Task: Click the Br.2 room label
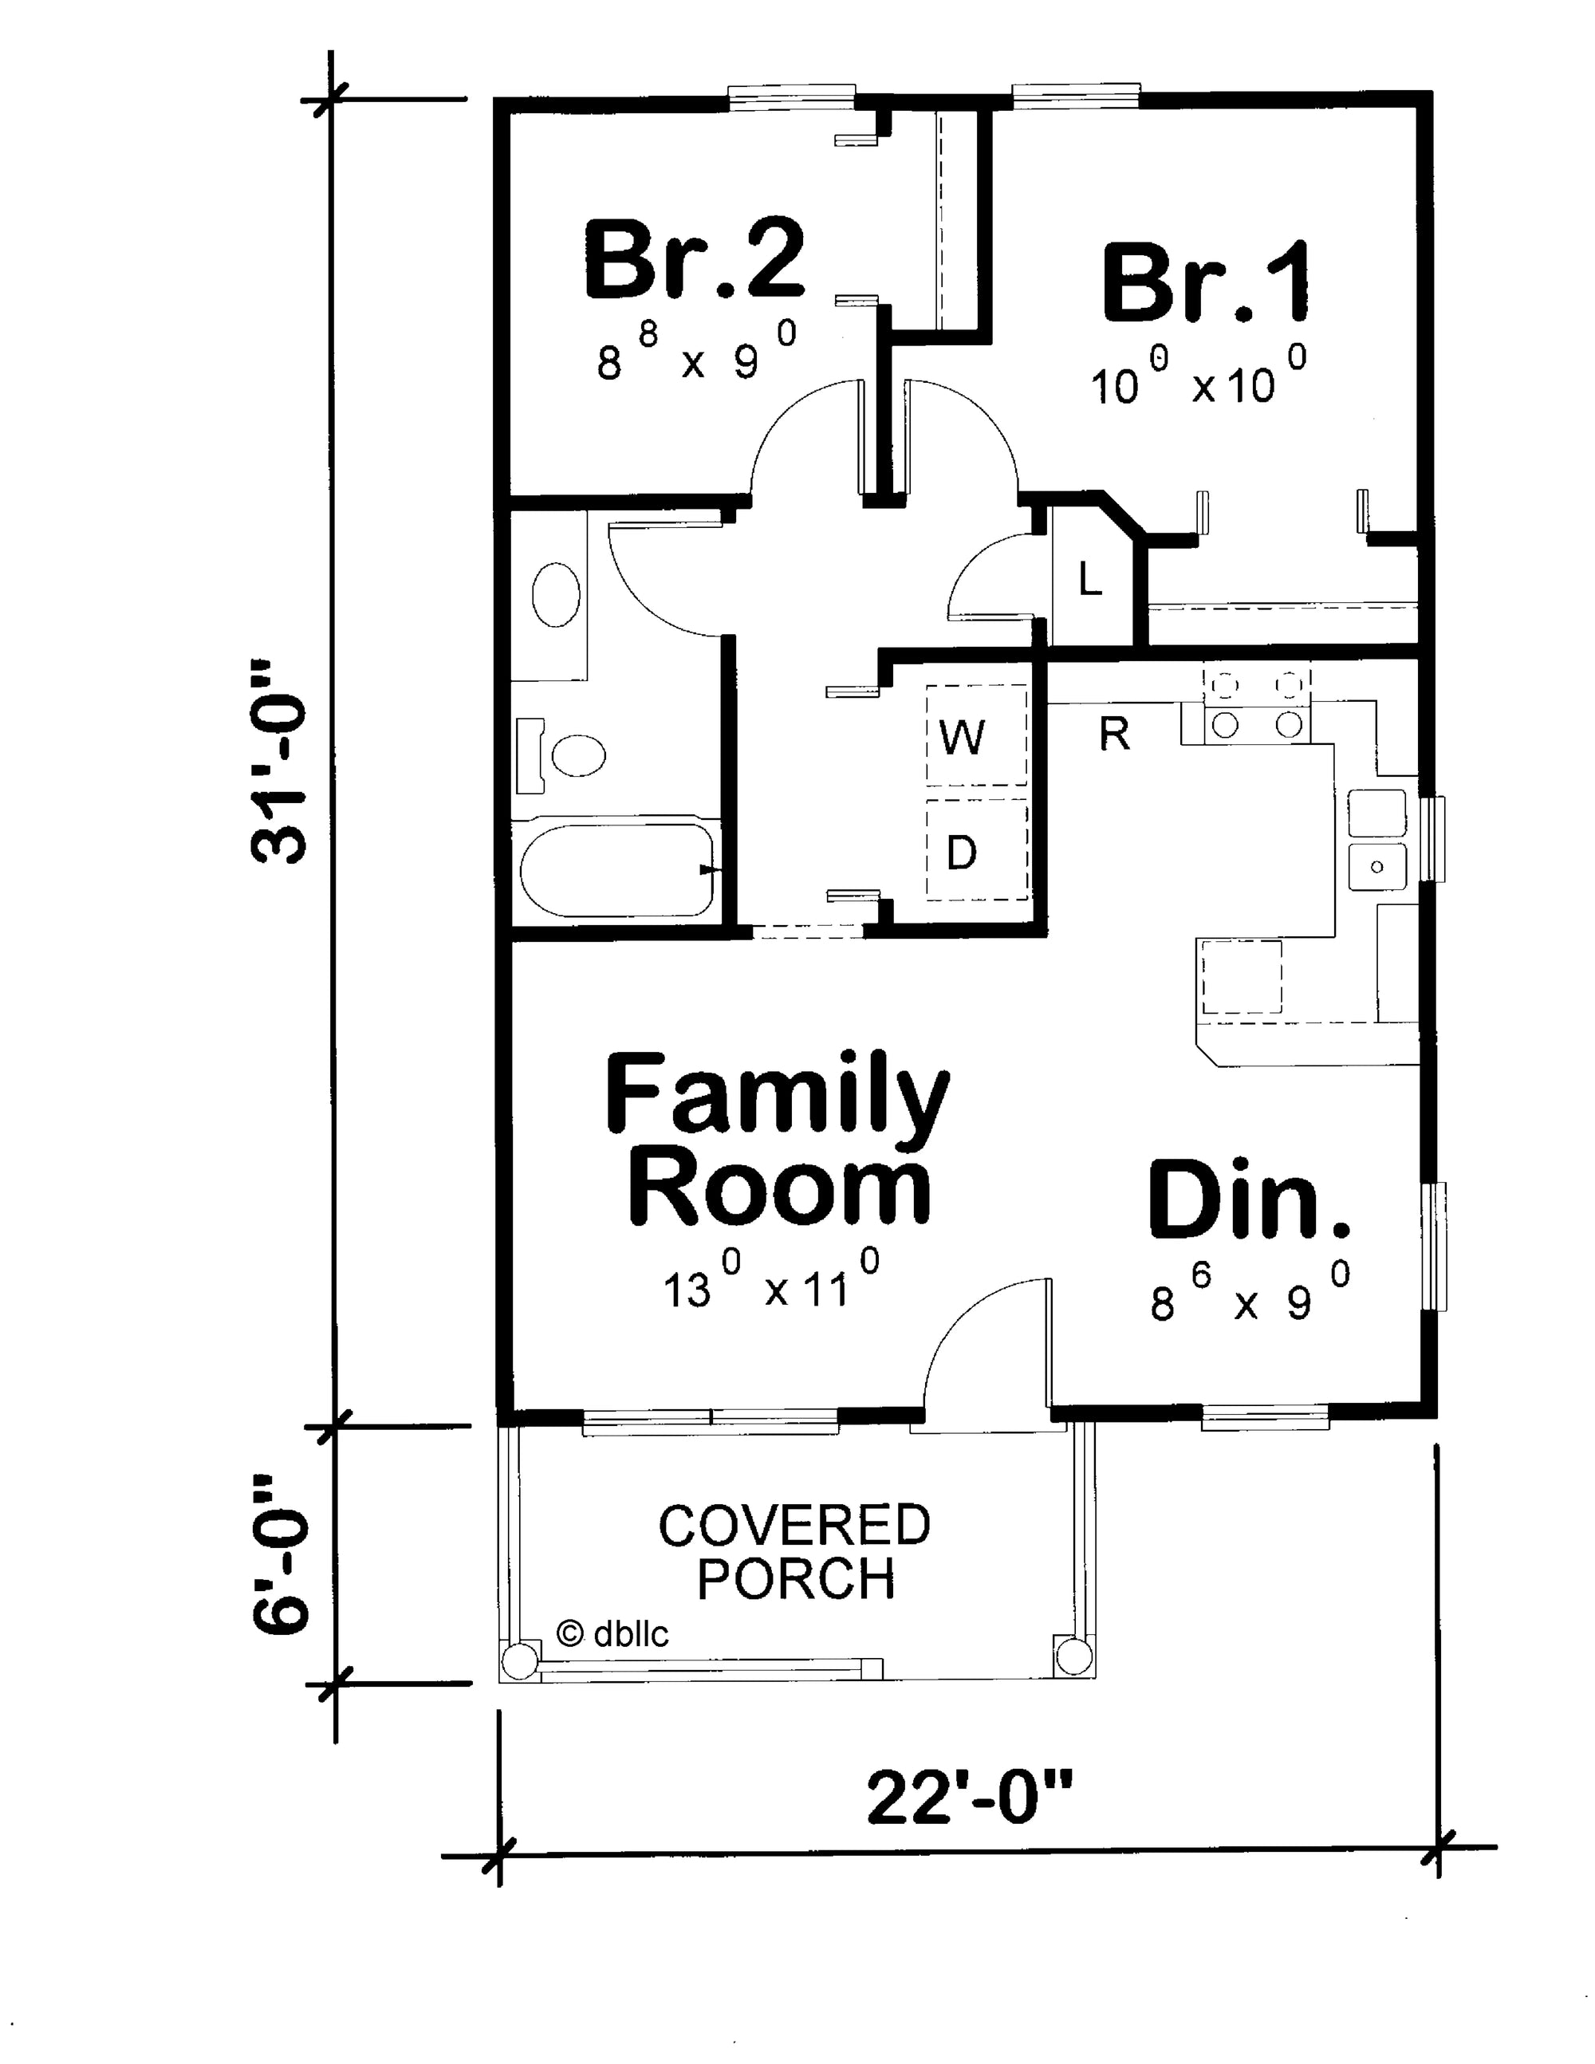point(695,259)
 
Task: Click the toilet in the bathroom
point(567,755)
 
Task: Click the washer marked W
point(977,735)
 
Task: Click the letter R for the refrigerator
point(1114,735)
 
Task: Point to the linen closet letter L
point(1089,579)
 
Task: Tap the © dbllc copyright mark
point(612,1633)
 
